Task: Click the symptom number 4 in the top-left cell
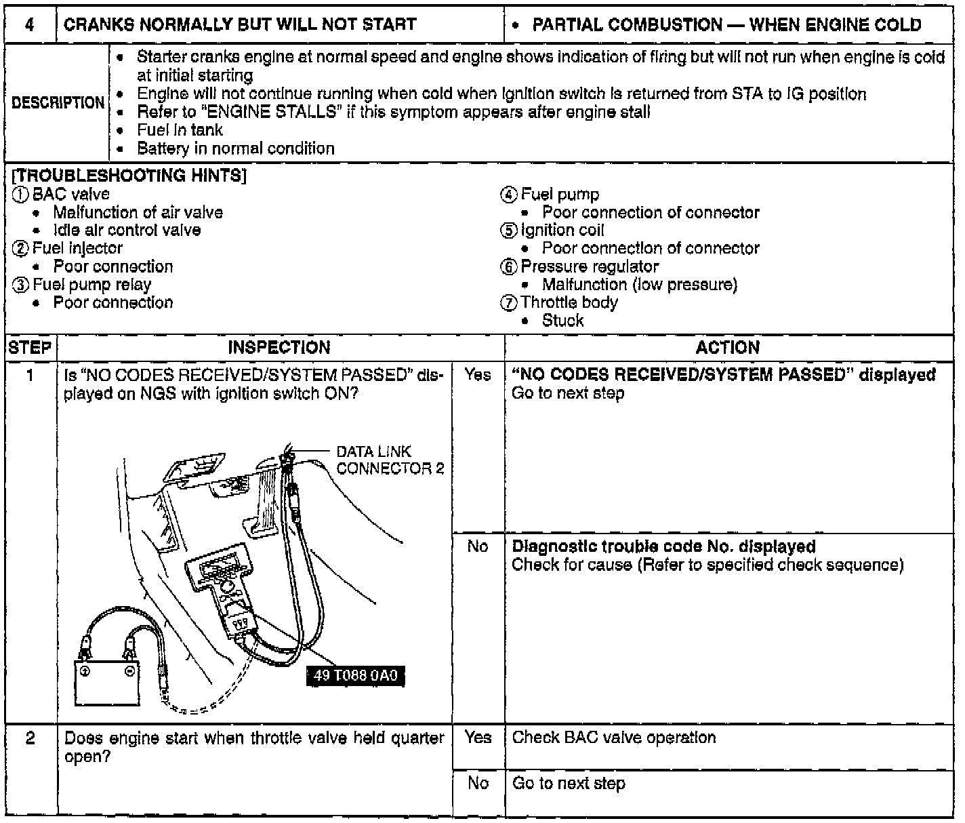click(30, 25)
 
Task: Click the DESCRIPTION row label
click(58, 103)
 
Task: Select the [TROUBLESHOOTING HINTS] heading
click(129, 176)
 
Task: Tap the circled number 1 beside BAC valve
click(21, 195)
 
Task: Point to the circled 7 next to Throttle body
click(509, 303)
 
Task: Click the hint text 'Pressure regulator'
click(589, 266)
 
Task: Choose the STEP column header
click(30, 348)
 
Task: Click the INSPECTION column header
click(279, 348)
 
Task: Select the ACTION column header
click(728, 348)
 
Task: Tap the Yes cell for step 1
click(478, 374)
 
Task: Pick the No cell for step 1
click(478, 546)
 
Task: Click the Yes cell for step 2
click(478, 738)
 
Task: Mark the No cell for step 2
click(478, 784)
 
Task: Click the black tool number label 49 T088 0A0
click(356, 675)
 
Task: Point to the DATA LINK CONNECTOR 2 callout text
click(390, 460)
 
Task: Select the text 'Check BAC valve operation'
click(613, 738)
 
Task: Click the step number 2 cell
click(30, 738)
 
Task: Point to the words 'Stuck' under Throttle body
click(562, 321)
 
